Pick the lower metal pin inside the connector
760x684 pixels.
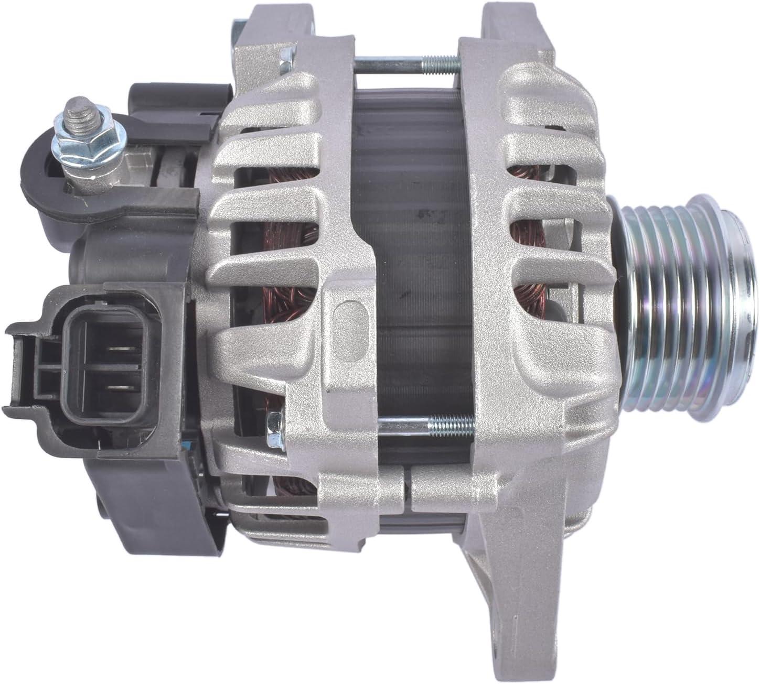(122, 387)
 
